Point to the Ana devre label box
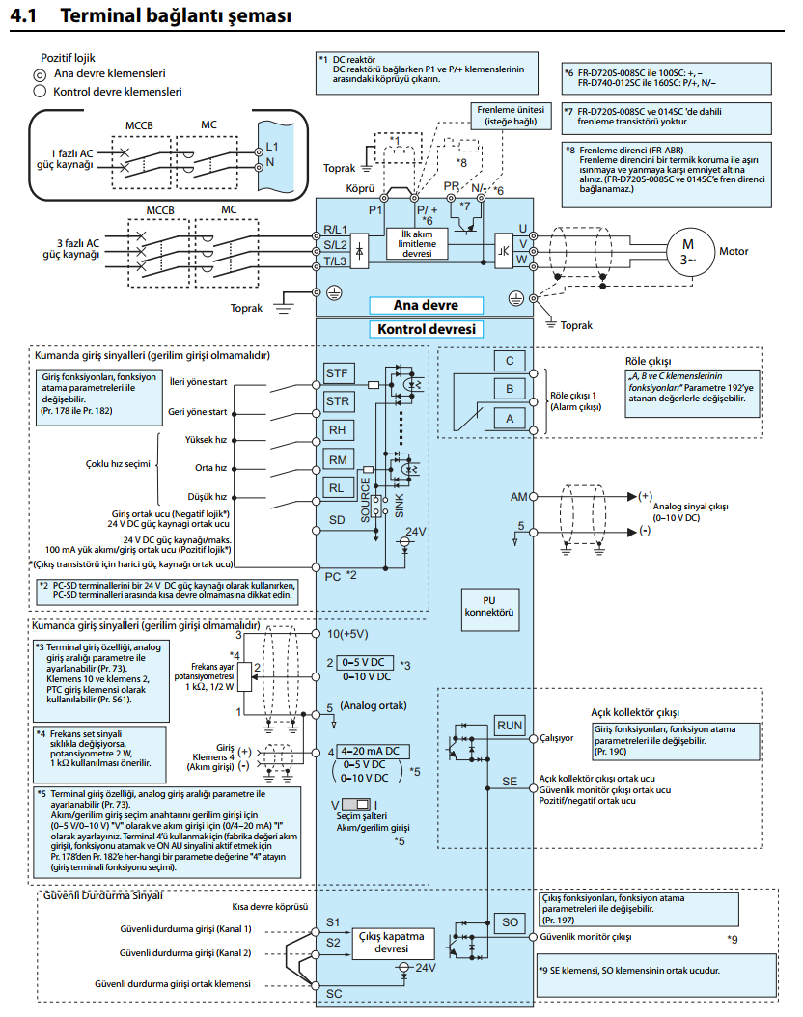[427, 305]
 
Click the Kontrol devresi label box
[427, 329]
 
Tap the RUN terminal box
[510, 726]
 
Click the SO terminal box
[510, 922]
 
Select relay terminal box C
[510, 361]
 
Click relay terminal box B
[510, 389]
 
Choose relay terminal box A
[510, 419]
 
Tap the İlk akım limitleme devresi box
[417, 244]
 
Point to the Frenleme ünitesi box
[511, 116]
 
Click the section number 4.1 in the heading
[24, 14]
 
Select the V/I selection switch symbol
[356, 805]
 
